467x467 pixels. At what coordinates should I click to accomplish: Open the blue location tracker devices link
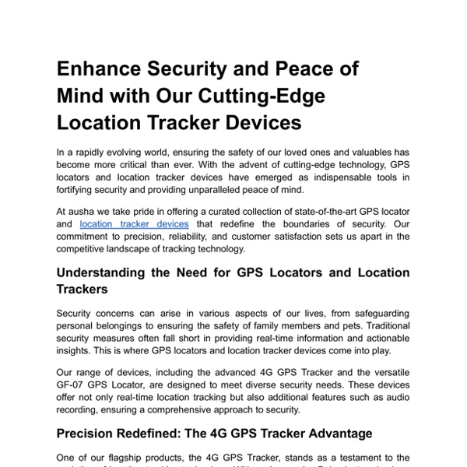point(134,224)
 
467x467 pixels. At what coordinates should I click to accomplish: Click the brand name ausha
point(82,210)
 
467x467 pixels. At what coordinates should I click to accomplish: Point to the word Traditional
point(384,325)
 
